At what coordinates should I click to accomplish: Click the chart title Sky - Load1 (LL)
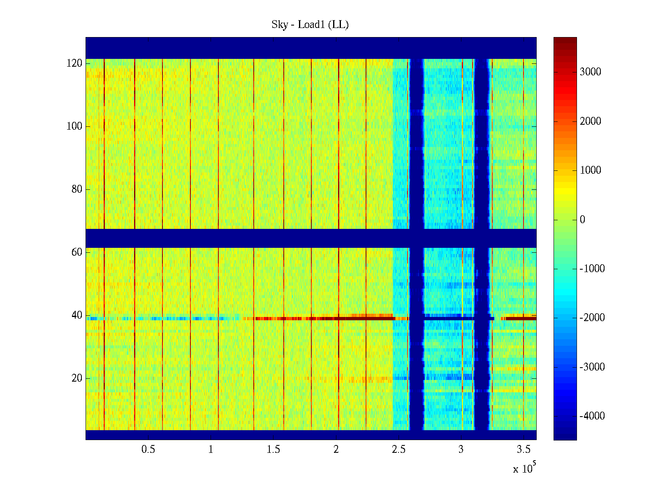pos(310,25)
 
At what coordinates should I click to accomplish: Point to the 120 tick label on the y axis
pos(74,63)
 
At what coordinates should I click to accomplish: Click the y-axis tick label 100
pos(74,126)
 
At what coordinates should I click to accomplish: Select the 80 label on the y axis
pos(77,189)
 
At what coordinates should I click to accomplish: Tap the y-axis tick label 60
pos(77,252)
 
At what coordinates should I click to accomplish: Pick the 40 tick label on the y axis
pos(77,315)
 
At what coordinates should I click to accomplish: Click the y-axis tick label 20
pos(77,378)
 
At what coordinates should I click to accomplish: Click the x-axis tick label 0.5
pos(148,450)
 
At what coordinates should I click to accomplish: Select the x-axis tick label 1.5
pos(273,450)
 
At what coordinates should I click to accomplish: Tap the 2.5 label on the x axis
pos(399,450)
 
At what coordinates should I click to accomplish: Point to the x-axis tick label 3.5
pos(524,450)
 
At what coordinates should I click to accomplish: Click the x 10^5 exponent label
pos(524,468)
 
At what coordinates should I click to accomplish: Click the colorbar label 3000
pos(590,72)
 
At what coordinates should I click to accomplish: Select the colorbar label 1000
pos(590,170)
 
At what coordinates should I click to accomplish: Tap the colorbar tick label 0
pos(582,220)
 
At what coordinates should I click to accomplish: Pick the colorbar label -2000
pos(592,318)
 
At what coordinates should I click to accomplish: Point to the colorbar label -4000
pos(592,416)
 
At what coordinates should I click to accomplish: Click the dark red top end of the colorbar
pos(565,40)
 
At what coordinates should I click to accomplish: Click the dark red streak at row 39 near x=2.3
pos(370,318)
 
